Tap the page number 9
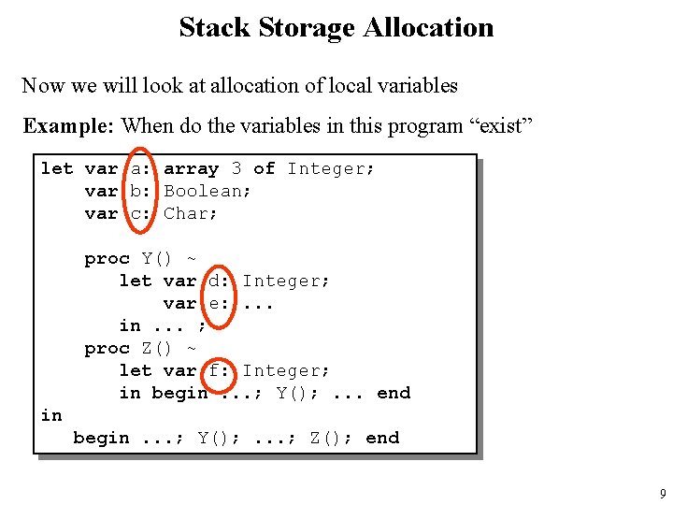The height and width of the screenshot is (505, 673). [x=663, y=494]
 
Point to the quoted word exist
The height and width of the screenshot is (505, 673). [x=499, y=125]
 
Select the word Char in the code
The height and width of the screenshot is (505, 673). [x=191, y=213]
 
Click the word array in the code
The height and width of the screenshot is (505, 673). [x=191, y=168]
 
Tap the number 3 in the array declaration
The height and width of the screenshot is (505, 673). [x=236, y=168]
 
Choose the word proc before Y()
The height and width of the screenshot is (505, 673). [x=107, y=258]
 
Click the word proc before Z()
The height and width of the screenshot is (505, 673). [x=107, y=348]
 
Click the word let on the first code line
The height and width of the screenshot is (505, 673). [x=56, y=168]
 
